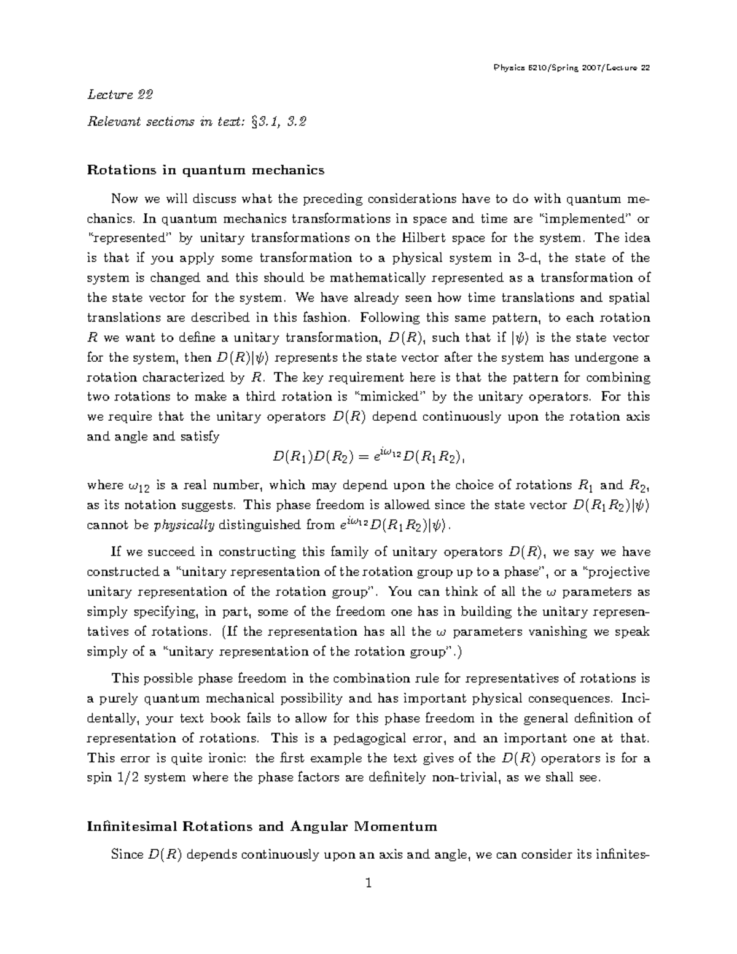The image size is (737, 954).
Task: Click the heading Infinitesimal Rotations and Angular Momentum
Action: pyautogui.click(x=262, y=826)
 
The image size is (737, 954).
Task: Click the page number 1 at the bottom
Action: pyautogui.click(x=368, y=885)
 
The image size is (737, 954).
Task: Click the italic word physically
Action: pyautogui.click(x=184, y=526)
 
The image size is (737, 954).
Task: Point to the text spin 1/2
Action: pyautogui.click(x=117, y=778)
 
